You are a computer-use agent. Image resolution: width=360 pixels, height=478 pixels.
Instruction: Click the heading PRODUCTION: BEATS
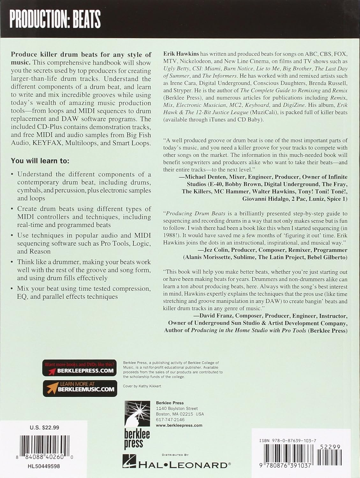pos(55,19)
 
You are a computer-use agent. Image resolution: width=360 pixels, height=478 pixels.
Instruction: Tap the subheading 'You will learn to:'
pos(40,161)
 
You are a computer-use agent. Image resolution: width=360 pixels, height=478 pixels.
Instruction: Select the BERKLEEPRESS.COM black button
pos(80,368)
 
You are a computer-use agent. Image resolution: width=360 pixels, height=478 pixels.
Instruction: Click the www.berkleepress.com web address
pos(179,425)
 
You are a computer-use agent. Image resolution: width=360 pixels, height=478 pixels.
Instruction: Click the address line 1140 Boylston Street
pos(177,409)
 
